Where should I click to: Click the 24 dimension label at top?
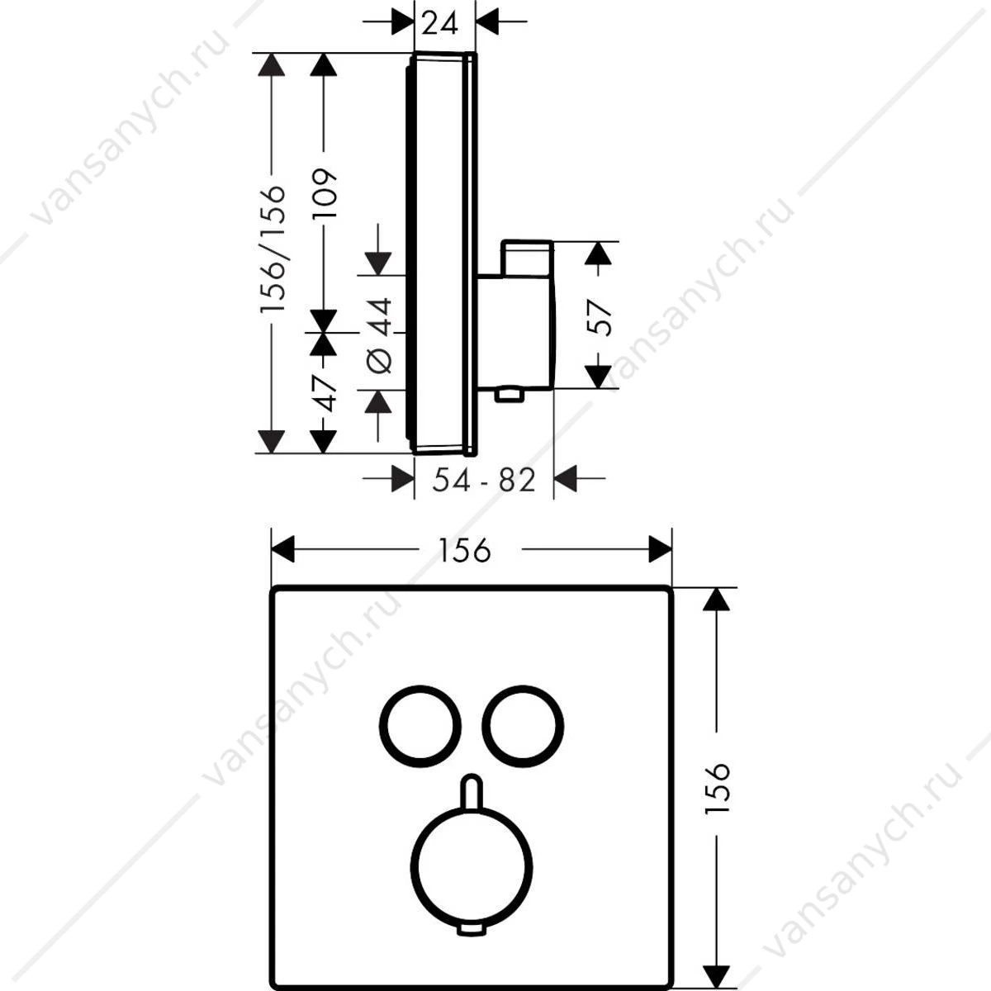click(x=439, y=23)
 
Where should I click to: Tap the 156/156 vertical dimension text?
click(x=273, y=249)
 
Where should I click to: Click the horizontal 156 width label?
click(x=465, y=550)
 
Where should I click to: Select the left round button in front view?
click(x=381, y=726)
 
